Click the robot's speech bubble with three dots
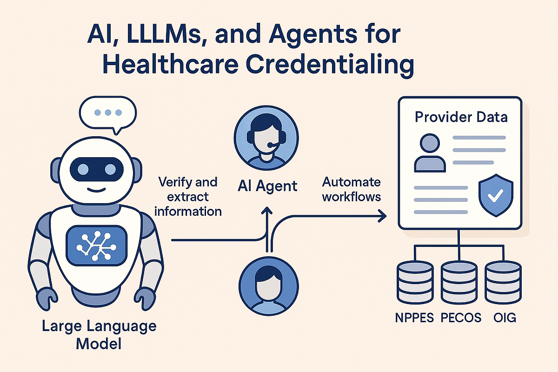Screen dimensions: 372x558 coord(107,113)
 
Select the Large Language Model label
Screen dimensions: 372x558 coord(99,335)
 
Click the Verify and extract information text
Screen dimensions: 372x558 coord(188,196)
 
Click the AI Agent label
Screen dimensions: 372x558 coord(267,186)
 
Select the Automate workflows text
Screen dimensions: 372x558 coord(352,189)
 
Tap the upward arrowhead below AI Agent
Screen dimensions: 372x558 coord(267,211)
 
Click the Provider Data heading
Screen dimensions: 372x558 coord(461,117)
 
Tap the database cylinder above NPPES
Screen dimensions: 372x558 coord(416,283)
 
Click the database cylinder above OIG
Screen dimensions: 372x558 coord(503,283)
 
